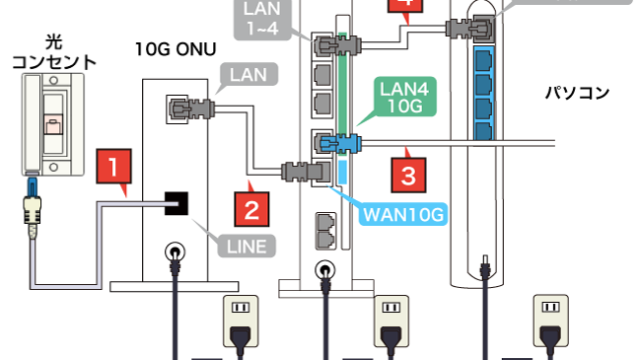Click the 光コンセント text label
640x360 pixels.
54,52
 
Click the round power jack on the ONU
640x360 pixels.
176,256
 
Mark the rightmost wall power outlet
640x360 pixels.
549,317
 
